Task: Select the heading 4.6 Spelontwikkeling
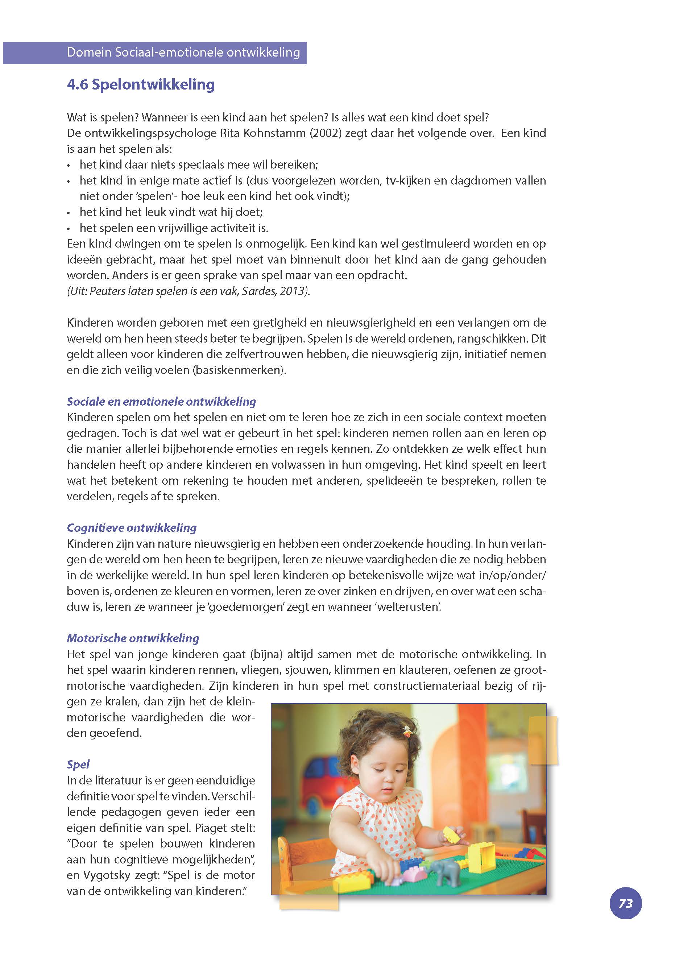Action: tap(141, 84)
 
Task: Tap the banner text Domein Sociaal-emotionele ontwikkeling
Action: tap(183, 52)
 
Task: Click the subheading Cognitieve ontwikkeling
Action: tap(132, 528)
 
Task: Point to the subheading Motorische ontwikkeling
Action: tap(133, 638)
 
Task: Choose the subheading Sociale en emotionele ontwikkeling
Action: tap(161, 402)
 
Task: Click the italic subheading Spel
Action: tap(78, 764)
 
